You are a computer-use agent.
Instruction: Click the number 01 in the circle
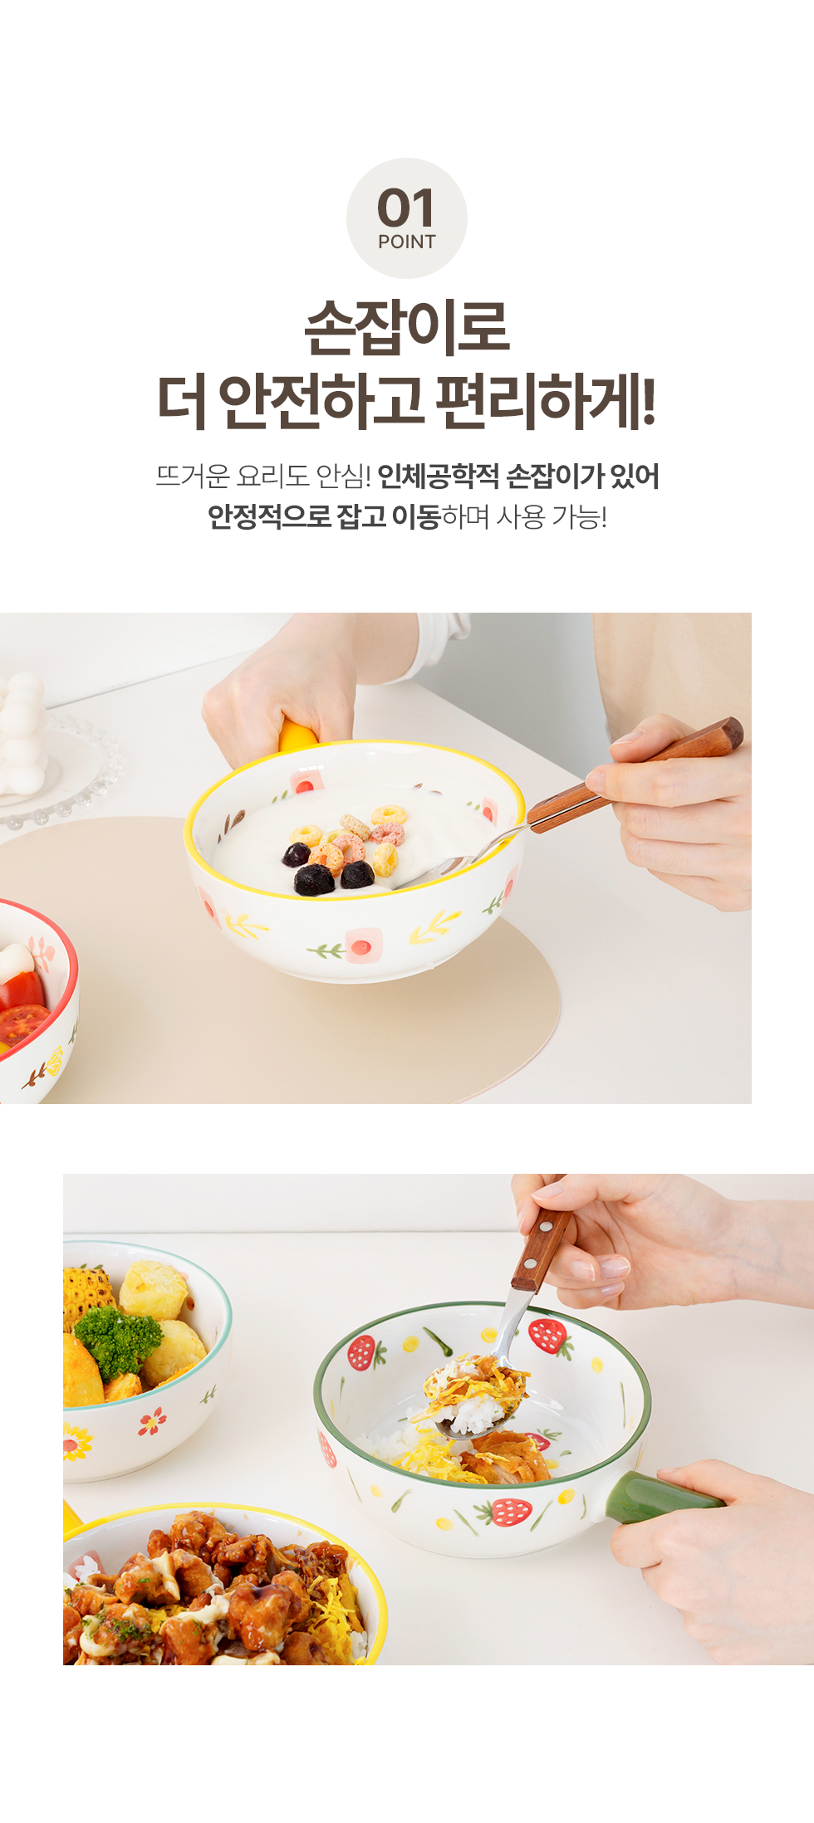pyautogui.click(x=406, y=208)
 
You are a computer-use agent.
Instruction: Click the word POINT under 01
pyautogui.click(x=407, y=242)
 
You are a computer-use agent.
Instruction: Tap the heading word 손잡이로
pyautogui.click(x=407, y=327)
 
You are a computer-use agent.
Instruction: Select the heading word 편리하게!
pyautogui.click(x=546, y=402)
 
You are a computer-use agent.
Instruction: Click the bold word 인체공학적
pyautogui.click(x=438, y=477)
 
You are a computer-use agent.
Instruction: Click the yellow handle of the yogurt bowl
pyautogui.click(x=297, y=736)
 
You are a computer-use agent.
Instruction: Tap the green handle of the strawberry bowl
pyautogui.click(x=660, y=1497)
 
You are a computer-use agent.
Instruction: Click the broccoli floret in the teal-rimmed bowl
pyautogui.click(x=118, y=1339)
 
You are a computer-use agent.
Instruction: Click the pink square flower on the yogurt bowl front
pyautogui.click(x=363, y=946)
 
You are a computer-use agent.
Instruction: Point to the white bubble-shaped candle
pyautogui.click(x=22, y=733)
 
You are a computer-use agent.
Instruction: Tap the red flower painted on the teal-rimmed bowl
pyautogui.click(x=152, y=1422)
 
